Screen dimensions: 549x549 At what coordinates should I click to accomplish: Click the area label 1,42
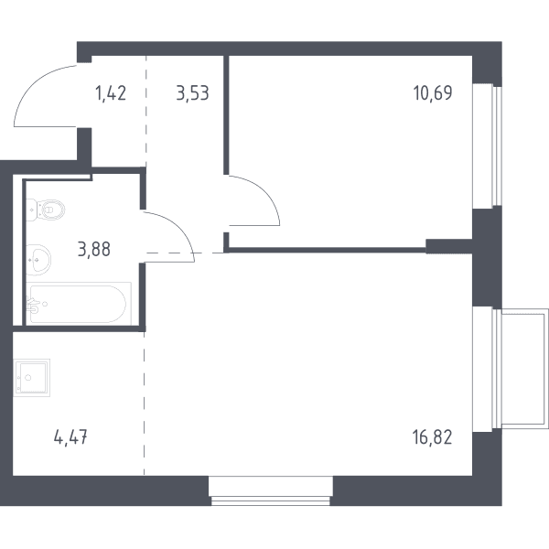click(111, 94)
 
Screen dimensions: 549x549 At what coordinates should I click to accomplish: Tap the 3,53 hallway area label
click(192, 93)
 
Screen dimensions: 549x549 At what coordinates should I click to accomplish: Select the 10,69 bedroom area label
click(433, 93)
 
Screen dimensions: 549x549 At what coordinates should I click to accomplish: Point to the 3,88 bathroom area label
click(94, 249)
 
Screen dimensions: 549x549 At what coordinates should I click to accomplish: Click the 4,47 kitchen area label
click(70, 437)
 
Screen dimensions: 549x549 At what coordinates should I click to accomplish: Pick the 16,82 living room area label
click(433, 437)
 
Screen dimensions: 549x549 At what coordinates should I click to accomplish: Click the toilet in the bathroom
click(46, 210)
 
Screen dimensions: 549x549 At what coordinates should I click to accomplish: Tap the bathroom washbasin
click(38, 260)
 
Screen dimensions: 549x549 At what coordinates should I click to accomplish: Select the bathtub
click(79, 304)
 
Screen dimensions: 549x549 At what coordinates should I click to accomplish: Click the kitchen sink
click(32, 377)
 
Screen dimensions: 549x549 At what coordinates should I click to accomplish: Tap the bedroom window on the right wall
click(488, 146)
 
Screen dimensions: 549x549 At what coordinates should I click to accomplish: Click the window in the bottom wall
click(271, 490)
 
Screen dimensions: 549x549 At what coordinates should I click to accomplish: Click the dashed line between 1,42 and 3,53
click(146, 112)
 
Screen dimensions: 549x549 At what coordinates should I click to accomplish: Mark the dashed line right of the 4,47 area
click(144, 404)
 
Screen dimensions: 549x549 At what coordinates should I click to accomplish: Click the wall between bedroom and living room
click(326, 250)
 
